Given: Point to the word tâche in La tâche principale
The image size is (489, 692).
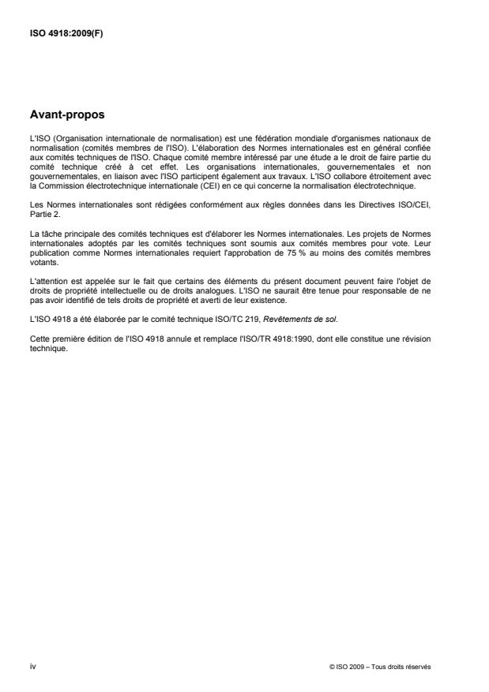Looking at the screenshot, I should (x=49, y=220).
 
